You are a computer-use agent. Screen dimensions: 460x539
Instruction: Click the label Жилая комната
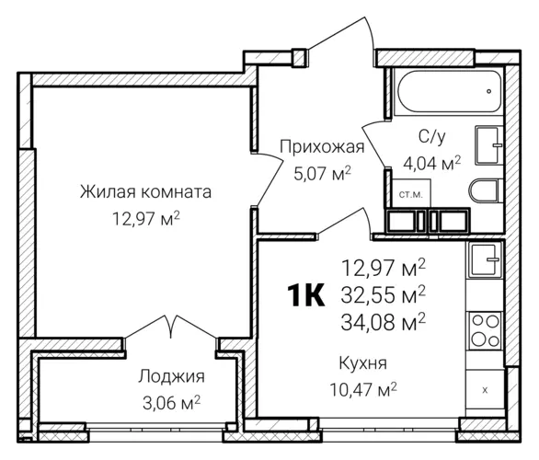[x=145, y=192]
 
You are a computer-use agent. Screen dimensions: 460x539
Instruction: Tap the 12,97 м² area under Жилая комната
[x=145, y=218]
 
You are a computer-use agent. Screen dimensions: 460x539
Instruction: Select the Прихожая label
[x=322, y=146]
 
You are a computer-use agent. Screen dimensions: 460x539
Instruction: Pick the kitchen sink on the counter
[x=483, y=260]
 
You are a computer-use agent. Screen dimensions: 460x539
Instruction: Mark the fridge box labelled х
[x=485, y=390]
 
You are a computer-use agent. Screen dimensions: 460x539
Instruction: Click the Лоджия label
[x=172, y=376]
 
